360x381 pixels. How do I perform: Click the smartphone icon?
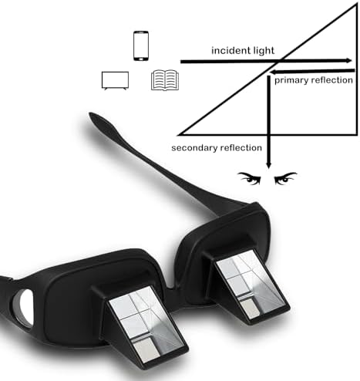click(x=141, y=46)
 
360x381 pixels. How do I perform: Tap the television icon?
click(x=115, y=80)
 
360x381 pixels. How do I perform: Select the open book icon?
click(x=165, y=80)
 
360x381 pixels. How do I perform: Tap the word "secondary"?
click(x=194, y=148)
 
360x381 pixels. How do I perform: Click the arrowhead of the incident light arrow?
click(x=349, y=61)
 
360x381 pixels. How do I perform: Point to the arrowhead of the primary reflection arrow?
click(x=274, y=72)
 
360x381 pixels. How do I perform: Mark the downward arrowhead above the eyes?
click(x=268, y=164)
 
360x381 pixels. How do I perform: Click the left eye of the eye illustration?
click(x=249, y=178)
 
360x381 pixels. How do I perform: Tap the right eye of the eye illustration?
click(x=285, y=178)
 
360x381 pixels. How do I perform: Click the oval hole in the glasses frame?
click(x=23, y=308)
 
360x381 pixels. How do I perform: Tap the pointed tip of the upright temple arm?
click(x=89, y=113)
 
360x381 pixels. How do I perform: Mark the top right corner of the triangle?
click(x=357, y=5)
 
